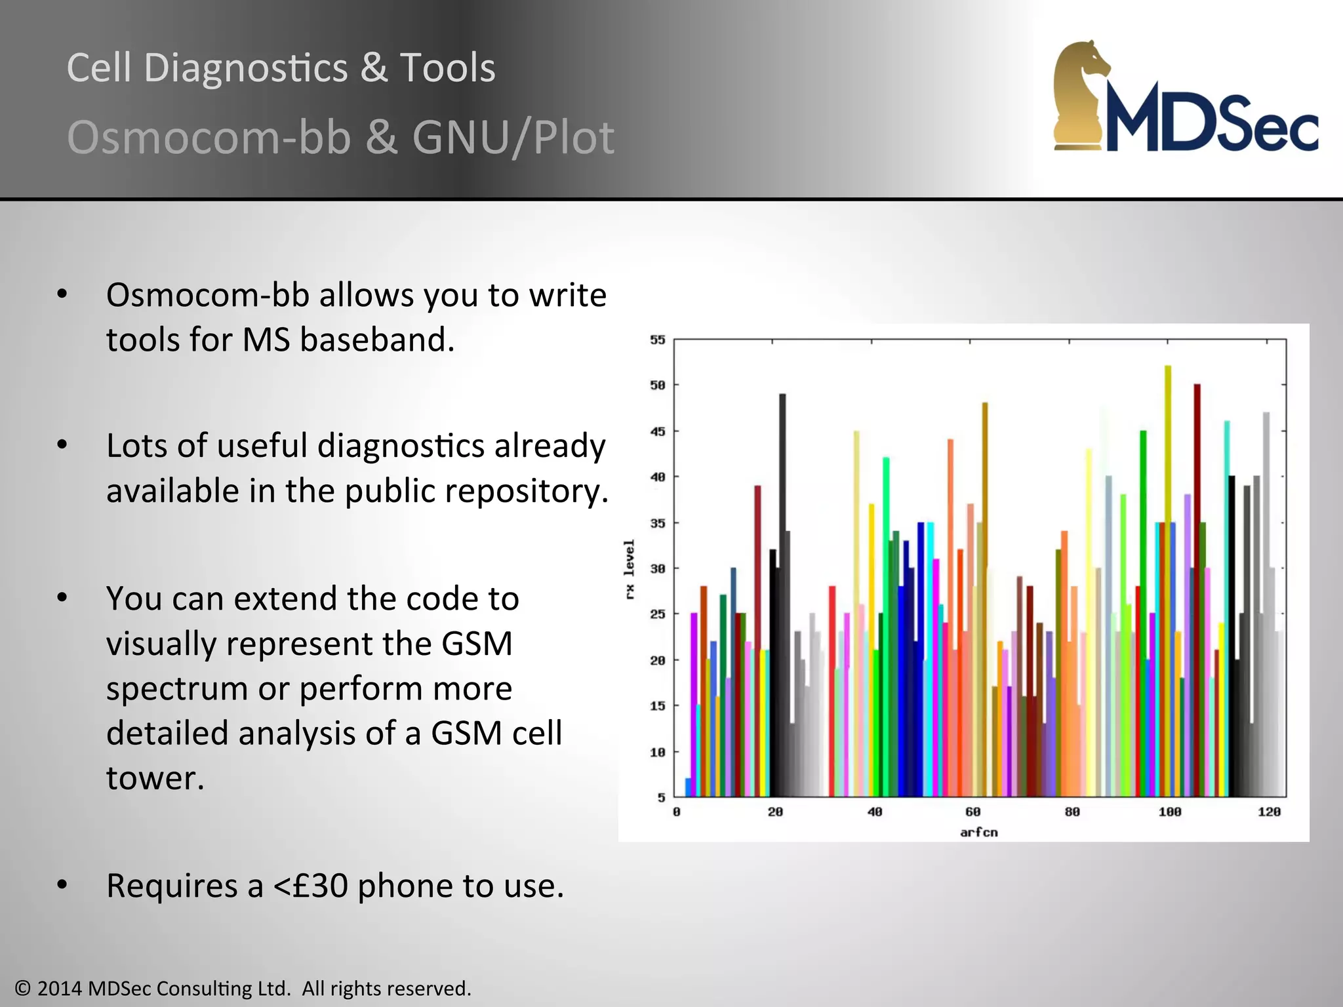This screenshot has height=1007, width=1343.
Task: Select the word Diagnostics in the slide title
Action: point(245,68)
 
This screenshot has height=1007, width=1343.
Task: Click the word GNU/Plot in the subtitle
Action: point(513,138)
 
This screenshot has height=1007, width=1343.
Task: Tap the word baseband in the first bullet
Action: point(376,340)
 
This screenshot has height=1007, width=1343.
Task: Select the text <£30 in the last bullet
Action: point(310,886)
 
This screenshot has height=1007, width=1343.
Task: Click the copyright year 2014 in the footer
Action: point(61,988)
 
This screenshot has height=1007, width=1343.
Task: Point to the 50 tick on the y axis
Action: point(657,385)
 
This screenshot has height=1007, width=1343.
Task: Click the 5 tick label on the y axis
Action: point(661,798)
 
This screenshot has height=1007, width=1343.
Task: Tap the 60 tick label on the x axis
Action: point(972,812)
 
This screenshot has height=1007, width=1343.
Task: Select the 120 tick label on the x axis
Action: point(1268,812)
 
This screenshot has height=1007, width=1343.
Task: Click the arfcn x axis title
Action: point(978,833)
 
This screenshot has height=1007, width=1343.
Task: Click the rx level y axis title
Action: point(630,569)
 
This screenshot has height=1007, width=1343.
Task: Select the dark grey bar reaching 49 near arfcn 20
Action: point(782,524)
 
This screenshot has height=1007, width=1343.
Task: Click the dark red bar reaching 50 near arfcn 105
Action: point(1197,524)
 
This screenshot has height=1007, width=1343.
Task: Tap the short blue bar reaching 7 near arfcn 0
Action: point(688,787)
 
